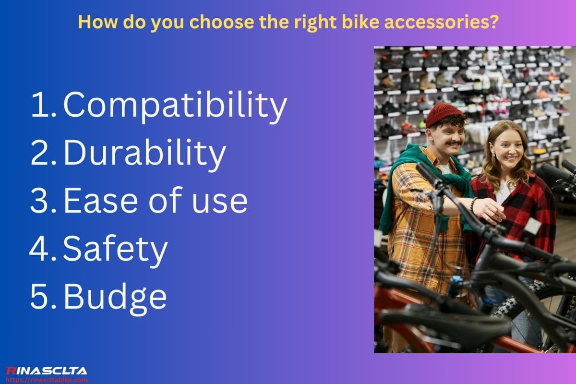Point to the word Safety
click(x=115, y=250)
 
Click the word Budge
click(x=115, y=297)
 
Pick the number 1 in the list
click(x=39, y=106)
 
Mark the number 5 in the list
click(x=39, y=297)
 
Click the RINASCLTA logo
click(x=47, y=371)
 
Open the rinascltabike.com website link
click(x=47, y=380)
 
